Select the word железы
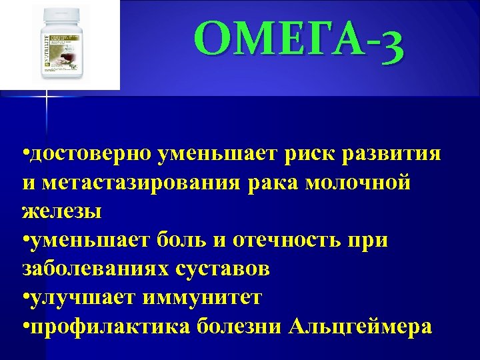click(x=62, y=212)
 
